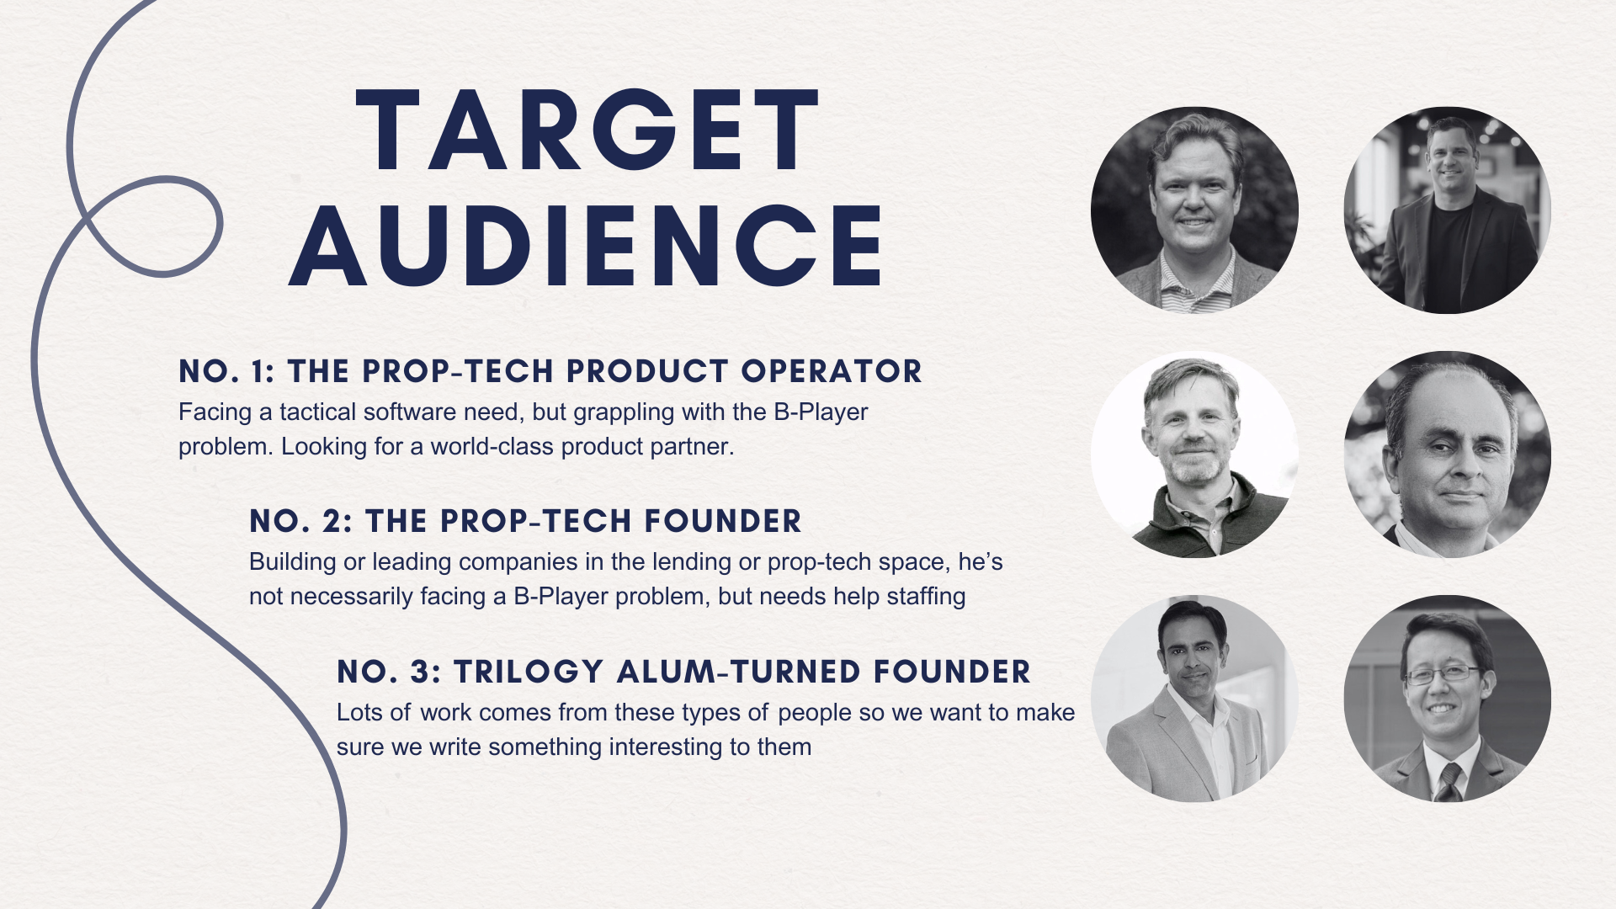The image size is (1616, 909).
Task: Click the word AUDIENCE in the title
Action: pyautogui.click(x=586, y=245)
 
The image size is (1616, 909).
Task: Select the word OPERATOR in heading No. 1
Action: pyautogui.click(x=832, y=371)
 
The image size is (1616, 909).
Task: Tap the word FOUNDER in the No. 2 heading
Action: pyautogui.click(x=723, y=521)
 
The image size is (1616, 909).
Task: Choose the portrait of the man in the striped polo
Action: pyautogui.click(x=1194, y=210)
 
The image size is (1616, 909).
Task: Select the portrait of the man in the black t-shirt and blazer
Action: pyautogui.click(x=1448, y=210)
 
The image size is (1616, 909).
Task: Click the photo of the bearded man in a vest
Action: pyautogui.click(x=1194, y=454)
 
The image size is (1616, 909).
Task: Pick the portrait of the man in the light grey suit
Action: pyautogui.click(x=1194, y=699)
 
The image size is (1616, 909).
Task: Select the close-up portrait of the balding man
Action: pyautogui.click(x=1448, y=454)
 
